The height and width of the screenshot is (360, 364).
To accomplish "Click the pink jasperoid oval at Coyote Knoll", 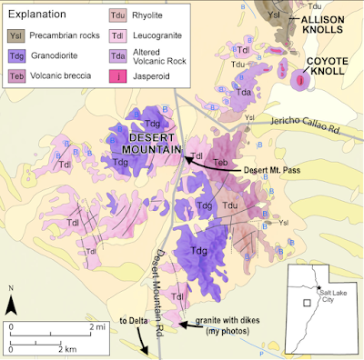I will tap(299, 84).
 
